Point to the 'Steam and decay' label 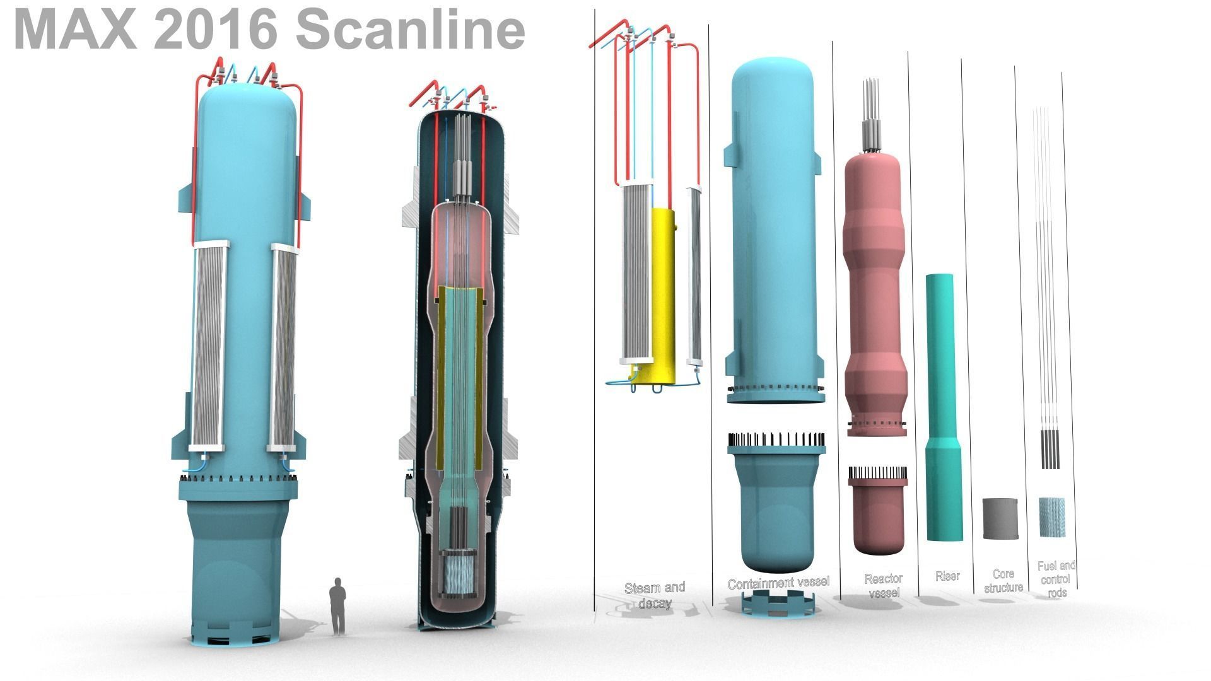coord(655,595)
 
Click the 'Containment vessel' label coord(778,583)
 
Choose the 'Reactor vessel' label coord(884,585)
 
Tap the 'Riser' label coord(947,576)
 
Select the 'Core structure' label coord(1003,581)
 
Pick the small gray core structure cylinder coord(1000,518)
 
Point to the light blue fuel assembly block coord(1051,517)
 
